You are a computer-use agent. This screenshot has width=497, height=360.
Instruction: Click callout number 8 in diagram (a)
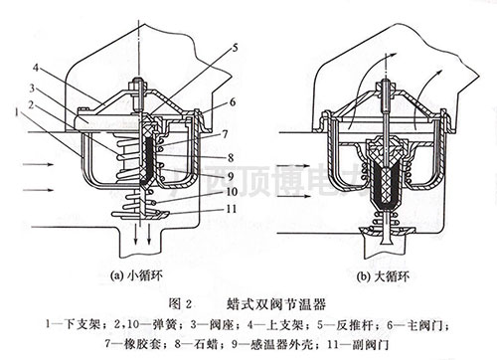coord(231,156)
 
